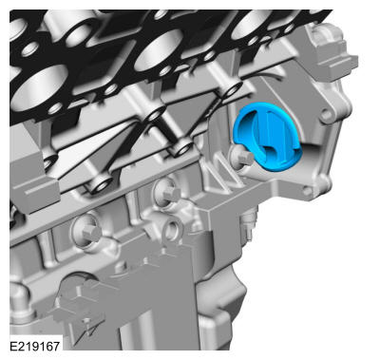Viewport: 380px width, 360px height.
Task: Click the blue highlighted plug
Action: point(268,137)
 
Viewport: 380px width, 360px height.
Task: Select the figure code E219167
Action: point(34,346)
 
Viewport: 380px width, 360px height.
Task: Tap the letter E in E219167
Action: point(13,346)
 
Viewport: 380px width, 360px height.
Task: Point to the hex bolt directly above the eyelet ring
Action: point(168,192)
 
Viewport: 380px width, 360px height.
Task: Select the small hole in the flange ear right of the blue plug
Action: point(326,116)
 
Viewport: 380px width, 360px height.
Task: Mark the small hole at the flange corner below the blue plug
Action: point(306,191)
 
